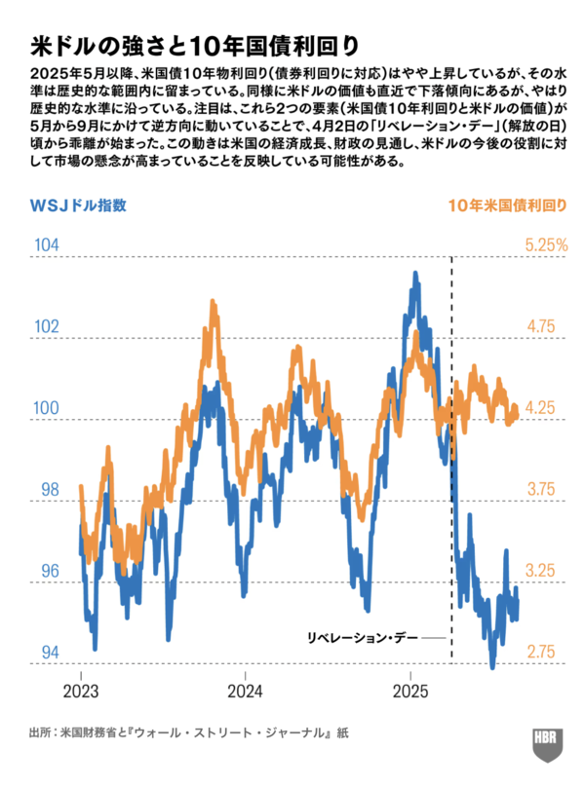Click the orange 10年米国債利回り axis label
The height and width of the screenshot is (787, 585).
[508, 206]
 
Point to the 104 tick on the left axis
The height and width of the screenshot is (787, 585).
[45, 244]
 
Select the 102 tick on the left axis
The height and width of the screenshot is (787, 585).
[45, 326]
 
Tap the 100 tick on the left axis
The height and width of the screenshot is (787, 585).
[45, 408]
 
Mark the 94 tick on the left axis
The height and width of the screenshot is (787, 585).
[45, 652]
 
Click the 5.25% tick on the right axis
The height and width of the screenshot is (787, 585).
[546, 244]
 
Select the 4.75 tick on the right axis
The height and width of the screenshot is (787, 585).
[541, 326]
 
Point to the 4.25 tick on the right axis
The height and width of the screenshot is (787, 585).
[541, 408]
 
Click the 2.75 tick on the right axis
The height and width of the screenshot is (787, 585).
[541, 652]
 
